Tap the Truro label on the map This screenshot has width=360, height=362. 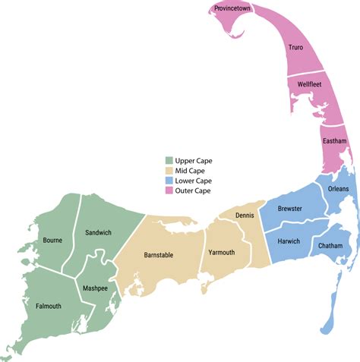(295, 47)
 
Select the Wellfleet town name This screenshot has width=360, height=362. (314, 85)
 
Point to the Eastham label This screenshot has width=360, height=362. (334, 141)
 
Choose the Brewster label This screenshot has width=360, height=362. (290, 208)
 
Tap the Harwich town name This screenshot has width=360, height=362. (289, 241)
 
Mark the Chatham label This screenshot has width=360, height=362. (330, 247)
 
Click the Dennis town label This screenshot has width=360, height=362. (245, 216)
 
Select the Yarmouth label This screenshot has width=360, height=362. (221, 253)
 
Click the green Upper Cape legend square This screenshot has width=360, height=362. (170, 161)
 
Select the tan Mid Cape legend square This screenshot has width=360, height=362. (170, 171)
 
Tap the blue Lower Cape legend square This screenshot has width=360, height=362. (170, 181)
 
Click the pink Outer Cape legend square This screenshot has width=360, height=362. (170, 190)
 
